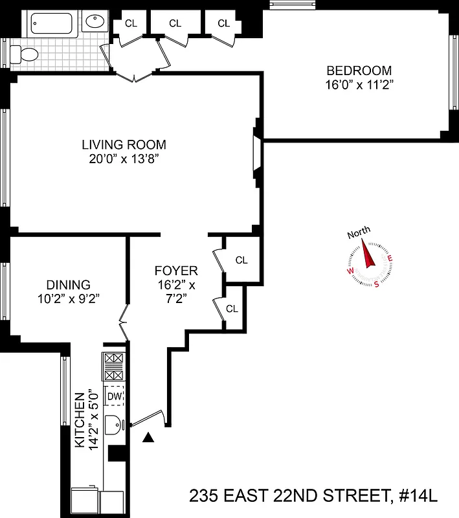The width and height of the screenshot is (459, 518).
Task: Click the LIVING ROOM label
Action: pyautogui.click(x=124, y=144)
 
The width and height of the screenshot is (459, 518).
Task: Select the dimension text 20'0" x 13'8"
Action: pyautogui.click(x=124, y=159)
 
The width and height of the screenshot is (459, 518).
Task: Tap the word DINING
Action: pyautogui.click(x=68, y=284)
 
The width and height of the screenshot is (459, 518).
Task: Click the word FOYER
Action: pyautogui.click(x=176, y=271)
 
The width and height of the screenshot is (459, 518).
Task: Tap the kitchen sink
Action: pyautogui.click(x=115, y=425)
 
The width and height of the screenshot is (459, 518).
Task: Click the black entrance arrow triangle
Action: pyautogui.click(x=149, y=438)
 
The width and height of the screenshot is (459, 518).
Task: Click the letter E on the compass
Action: pyautogui.click(x=390, y=259)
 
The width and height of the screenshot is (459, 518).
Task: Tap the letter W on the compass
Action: pyautogui.click(x=350, y=273)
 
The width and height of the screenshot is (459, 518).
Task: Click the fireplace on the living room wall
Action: pyautogui.click(x=256, y=152)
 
